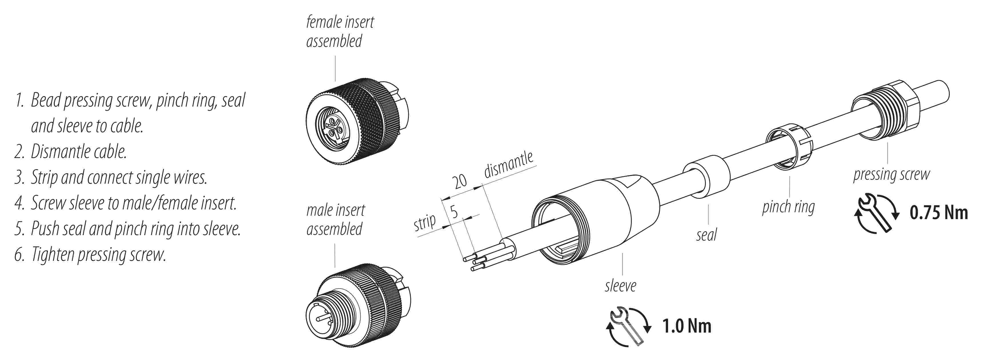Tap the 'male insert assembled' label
[336, 220]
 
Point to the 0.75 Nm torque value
[939, 213]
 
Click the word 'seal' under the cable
[706, 235]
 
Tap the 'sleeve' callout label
[620, 286]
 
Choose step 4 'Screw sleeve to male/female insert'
[125, 203]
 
